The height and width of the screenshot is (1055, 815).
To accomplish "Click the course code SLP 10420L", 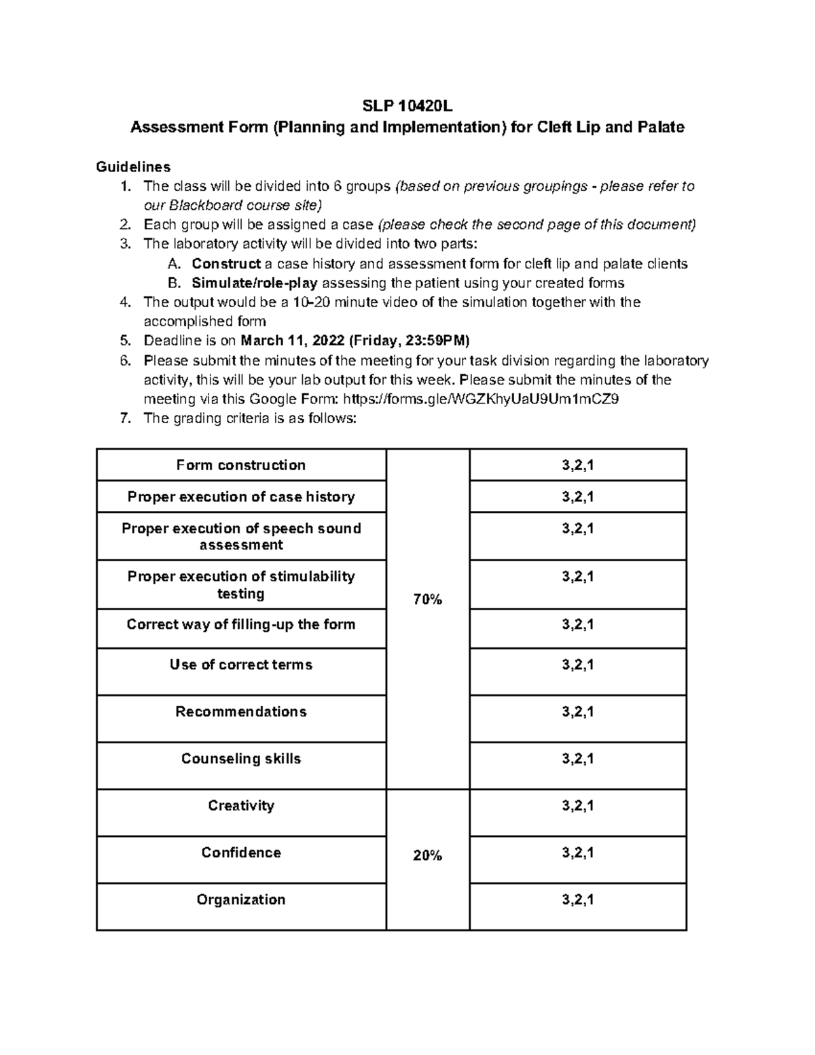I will point(407,107).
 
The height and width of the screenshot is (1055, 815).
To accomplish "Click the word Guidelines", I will point(133,166).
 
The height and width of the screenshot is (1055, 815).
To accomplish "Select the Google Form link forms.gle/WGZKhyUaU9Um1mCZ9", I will point(482,399).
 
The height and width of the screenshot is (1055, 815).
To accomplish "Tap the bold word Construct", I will point(226,264).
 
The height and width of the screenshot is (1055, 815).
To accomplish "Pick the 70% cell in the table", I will point(427,599).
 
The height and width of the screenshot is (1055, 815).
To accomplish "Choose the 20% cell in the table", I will point(427,856).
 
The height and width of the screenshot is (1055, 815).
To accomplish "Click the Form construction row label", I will point(241,465).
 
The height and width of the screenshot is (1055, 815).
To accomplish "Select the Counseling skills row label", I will point(241,759).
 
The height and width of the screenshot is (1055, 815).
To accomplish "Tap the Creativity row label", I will point(241,806).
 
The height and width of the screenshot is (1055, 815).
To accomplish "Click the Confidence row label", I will point(241,853).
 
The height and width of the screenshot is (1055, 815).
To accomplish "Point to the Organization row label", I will point(241,899).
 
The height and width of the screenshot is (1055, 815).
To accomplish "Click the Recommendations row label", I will point(241,711).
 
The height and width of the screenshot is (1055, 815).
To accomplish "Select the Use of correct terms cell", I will point(241,664).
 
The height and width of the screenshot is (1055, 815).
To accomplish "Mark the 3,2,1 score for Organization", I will point(578,899).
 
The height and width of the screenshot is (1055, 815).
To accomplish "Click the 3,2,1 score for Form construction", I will point(578,465).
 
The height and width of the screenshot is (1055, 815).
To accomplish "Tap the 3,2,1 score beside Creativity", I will point(578,806).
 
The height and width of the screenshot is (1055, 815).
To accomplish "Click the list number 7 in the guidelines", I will point(124,418).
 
